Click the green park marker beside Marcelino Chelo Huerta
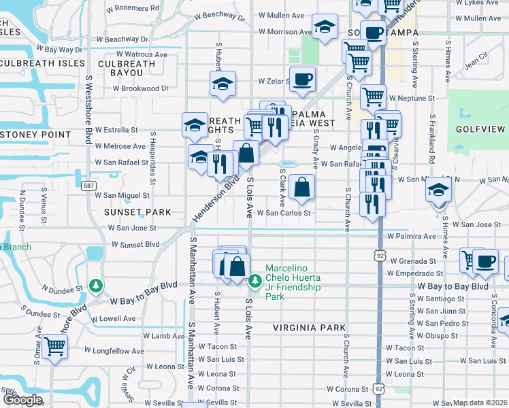[x=255, y=280]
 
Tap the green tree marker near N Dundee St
[x=97, y=285]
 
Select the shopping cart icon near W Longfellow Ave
[x=54, y=346]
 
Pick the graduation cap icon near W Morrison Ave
[x=325, y=27]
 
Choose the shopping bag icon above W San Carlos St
[x=301, y=186]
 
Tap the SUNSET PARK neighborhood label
[x=137, y=212]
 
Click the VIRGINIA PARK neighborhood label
[x=310, y=328]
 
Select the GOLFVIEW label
[x=480, y=129]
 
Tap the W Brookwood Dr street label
[x=140, y=88]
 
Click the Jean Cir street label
[x=476, y=65]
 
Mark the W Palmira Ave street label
[x=411, y=237]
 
